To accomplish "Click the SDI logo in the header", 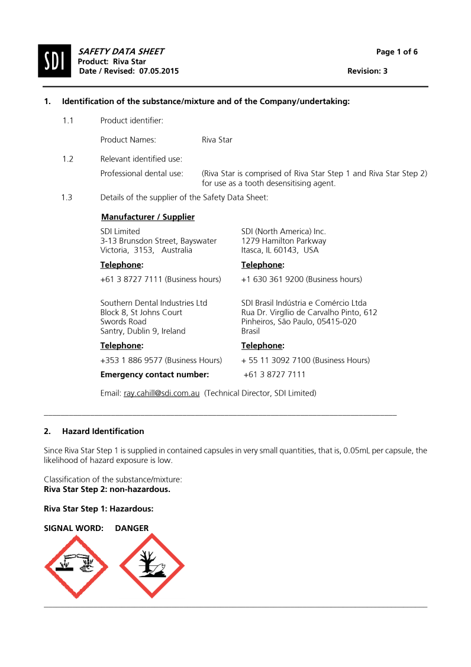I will pyautogui.click(x=54, y=61).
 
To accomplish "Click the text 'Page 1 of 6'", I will pyautogui.click(x=396, y=52).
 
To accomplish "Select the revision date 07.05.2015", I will pyautogui.click(x=159, y=71).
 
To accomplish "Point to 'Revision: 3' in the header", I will pyautogui.click(x=367, y=71).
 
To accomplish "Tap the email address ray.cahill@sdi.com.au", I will pyautogui.click(x=162, y=393).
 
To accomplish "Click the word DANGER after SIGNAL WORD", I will pyautogui.click(x=132, y=528).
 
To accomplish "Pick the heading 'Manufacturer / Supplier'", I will pyautogui.click(x=148, y=217).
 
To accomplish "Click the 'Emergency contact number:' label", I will pyautogui.click(x=155, y=374).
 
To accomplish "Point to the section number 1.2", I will pyautogui.click(x=67, y=158).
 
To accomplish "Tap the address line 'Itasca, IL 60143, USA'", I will pyautogui.click(x=280, y=250).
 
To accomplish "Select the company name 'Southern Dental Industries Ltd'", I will pyautogui.click(x=154, y=303).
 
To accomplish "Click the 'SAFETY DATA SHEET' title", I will pyautogui.click(x=121, y=52).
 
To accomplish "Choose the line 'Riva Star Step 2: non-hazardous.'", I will pyautogui.click(x=107, y=489).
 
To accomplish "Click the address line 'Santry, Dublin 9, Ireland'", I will pyautogui.click(x=143, y=331).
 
